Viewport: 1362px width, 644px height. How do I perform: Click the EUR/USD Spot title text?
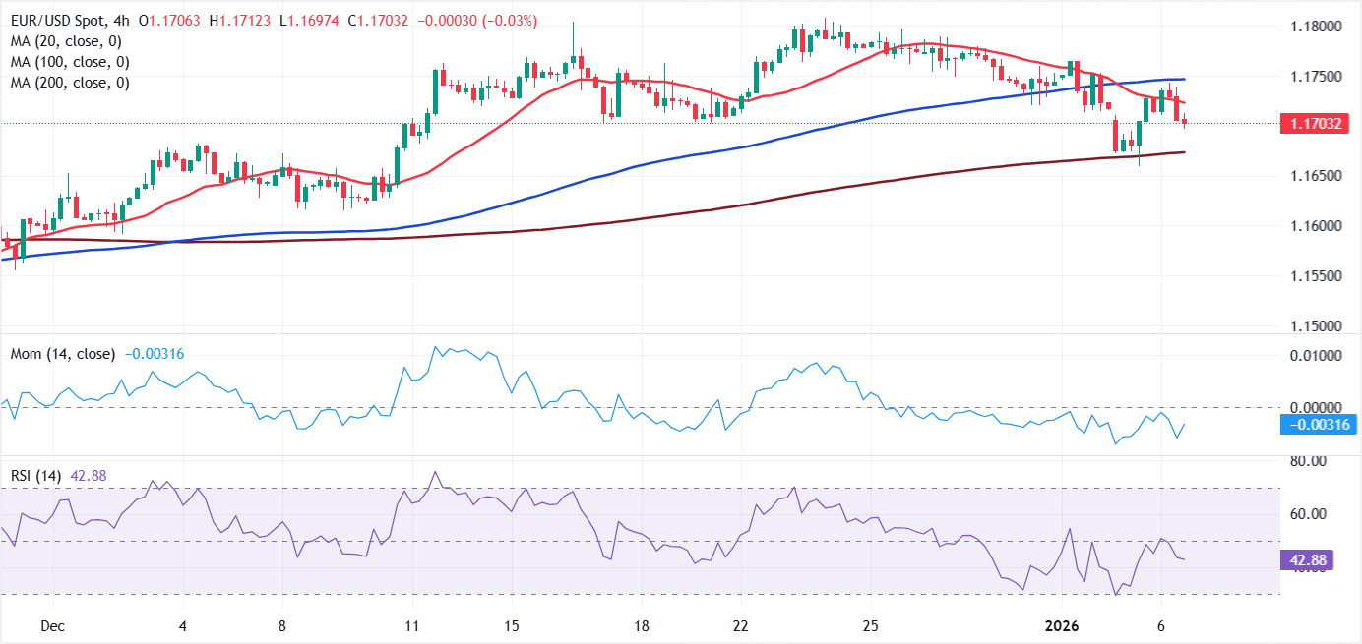pyautogui.click(x=58, y=21)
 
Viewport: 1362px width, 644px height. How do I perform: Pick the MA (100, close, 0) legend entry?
pyautogui.click(x=71, y=62)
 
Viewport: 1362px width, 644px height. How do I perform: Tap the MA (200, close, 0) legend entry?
pyautogui.click(x=71, y=83)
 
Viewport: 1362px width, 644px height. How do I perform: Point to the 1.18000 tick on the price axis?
pyautogui.click(x=1316, y=27)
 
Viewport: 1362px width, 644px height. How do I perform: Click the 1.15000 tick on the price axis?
pyautogui.click(x=1316, y=325)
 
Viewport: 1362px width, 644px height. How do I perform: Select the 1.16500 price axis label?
pyautogui.click(x=1316, y=176)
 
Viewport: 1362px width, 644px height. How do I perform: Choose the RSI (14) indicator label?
pyautogui.click(x=35, y=476)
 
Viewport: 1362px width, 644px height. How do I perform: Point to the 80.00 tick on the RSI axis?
pyautogui.click(x=1309, y=461)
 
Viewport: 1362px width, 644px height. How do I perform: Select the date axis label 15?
pyautogui.click(x=510, y=626)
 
